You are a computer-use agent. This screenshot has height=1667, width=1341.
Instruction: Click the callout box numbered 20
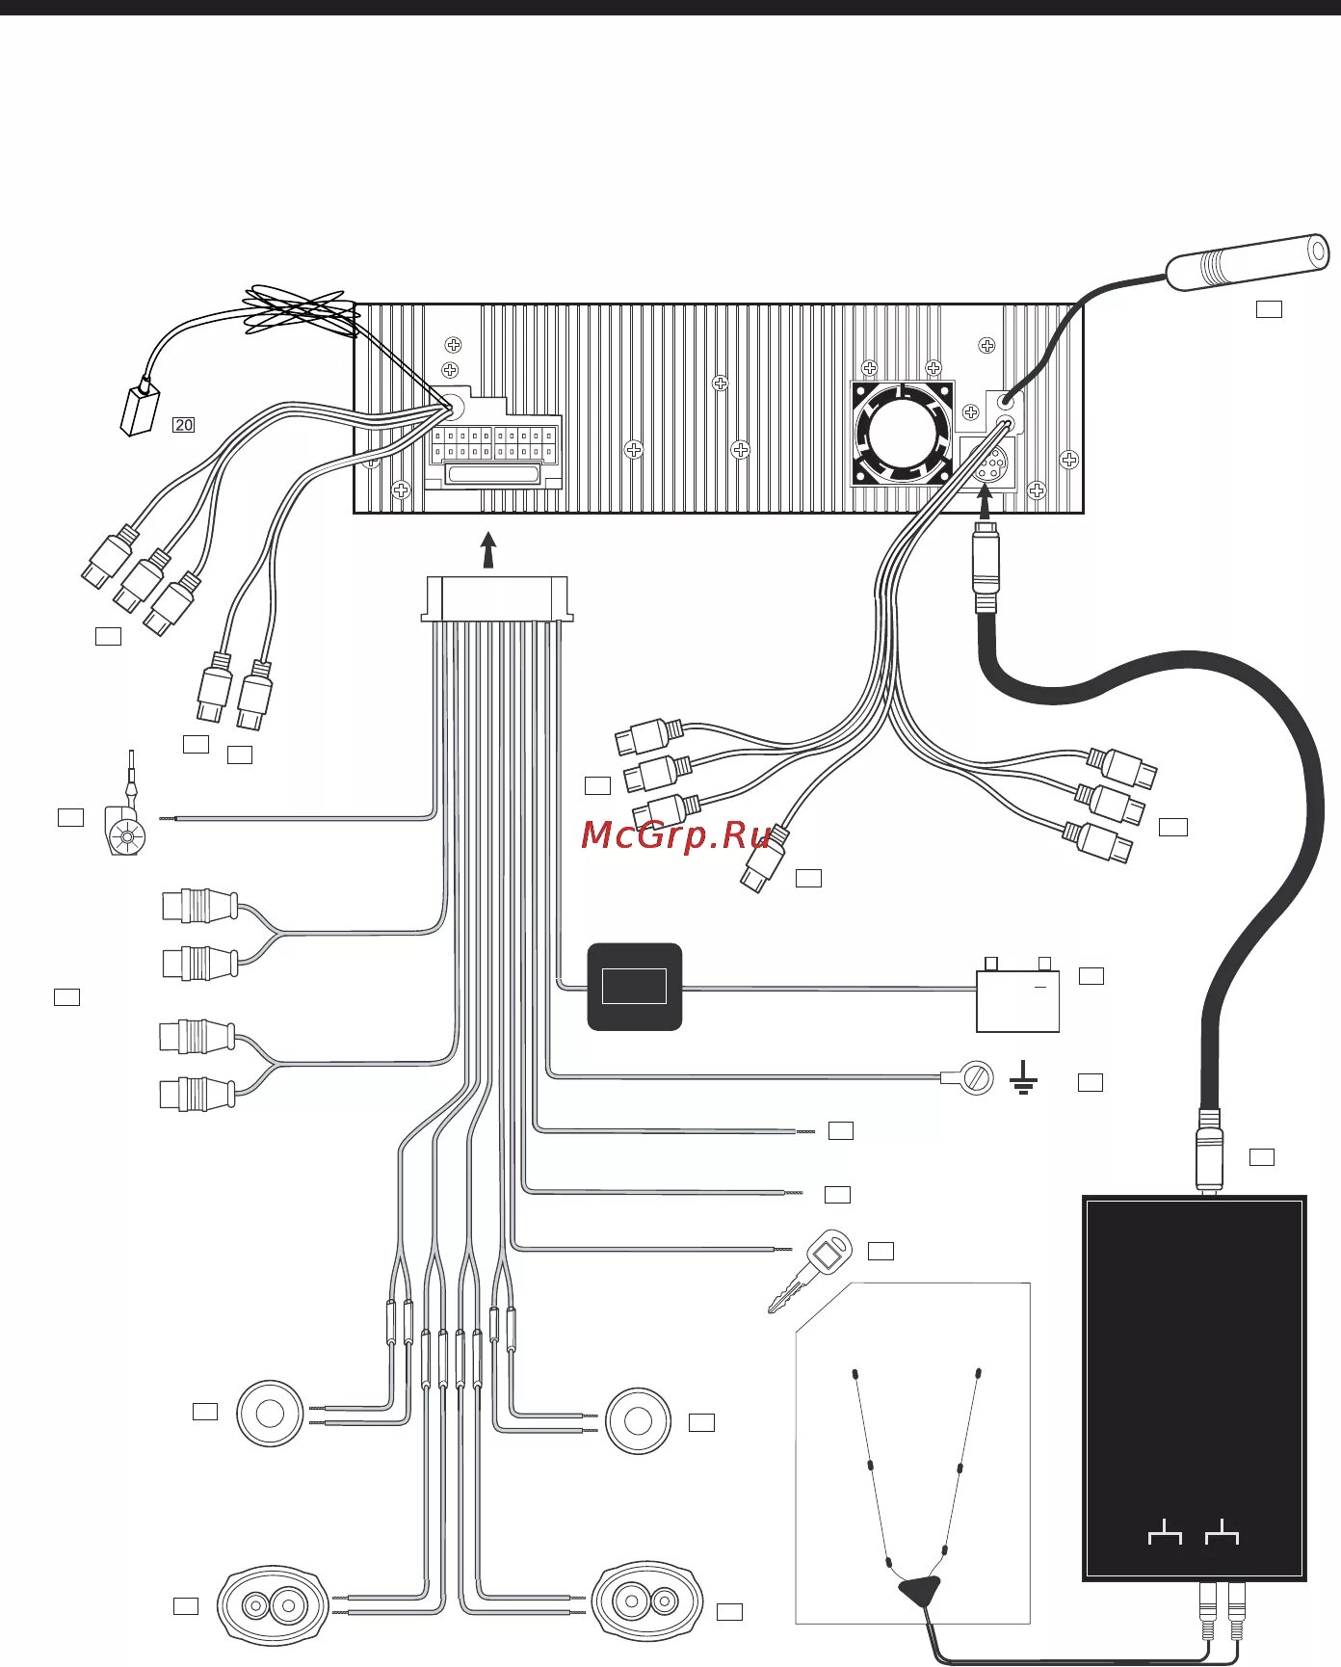click(x=183, y=425)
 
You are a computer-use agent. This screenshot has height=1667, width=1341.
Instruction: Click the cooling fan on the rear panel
click(x=902, y=434)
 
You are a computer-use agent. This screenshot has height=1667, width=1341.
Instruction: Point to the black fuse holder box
click(x=635, y=987)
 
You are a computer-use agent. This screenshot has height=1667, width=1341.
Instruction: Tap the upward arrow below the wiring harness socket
click(x=488, y=550)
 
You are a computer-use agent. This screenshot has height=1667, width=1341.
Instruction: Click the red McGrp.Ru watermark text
click(x=675, y=834)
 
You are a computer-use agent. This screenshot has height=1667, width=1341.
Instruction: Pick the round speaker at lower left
click(x=270, y=1414)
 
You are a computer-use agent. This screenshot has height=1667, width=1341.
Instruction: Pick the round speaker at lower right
click(x=637, y=1421)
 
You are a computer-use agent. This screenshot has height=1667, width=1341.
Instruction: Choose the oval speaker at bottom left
click(x=275, y=1605)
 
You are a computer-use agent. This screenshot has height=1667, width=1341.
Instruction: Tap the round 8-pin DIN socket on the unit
click(x=986, y=464)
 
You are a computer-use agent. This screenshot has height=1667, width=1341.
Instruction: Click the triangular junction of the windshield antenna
click(x=919, y=1591)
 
